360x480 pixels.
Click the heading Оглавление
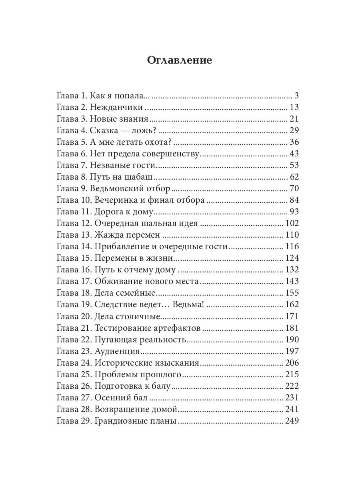click(x=180, y=60)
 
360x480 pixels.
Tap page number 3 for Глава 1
click(x=296, y=96)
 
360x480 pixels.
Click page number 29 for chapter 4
click(x=294, y=130)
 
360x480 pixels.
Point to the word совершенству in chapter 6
click(x=175, y=154)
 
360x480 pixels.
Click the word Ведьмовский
click(x=117, y=188)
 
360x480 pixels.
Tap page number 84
click(x=294, y=200)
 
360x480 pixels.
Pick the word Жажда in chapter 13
click(x=108, y=235)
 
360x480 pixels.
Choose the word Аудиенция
click(x=117, y=351)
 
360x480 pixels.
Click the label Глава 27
click(x=74, y=398)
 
